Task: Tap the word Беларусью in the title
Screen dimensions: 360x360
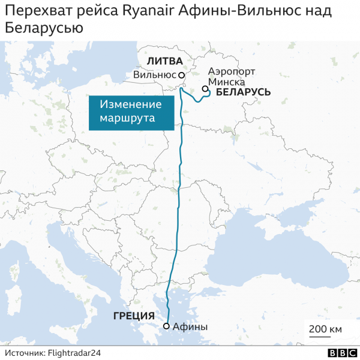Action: [44, 28]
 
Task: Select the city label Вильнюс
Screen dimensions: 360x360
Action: [154, 75]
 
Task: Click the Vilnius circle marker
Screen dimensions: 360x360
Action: [181, 76]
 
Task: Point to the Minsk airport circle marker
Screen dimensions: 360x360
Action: [205, 89]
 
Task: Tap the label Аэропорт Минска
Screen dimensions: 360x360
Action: [230, 77]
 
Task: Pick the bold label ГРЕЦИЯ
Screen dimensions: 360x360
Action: [134, 316]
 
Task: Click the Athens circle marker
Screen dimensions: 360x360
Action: [166, 326]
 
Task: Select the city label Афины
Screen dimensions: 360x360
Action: [190, 327]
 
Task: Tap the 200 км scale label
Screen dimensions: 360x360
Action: [325, 329]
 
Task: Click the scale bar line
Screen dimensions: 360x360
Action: [325, 337]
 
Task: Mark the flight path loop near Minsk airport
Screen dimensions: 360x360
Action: [202, 95]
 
